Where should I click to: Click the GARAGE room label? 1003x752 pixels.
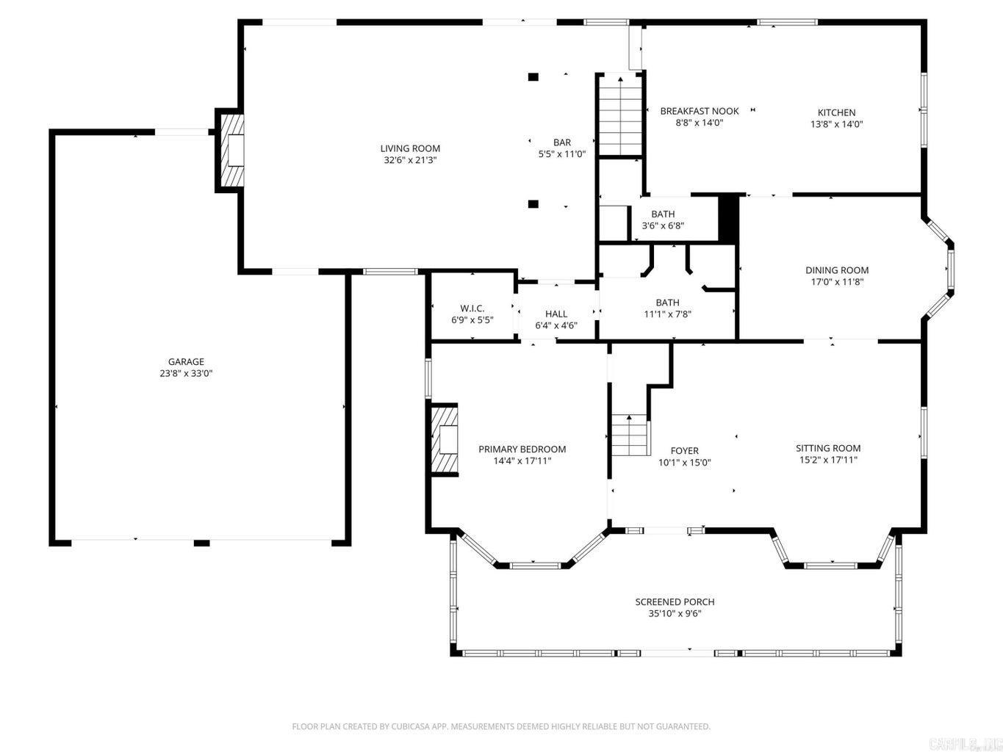coord(186,361)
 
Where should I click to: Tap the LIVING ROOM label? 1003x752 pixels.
coord(410,148)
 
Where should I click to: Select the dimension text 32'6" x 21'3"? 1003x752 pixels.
coord(410,160)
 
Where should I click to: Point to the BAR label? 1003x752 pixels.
coord(562,142)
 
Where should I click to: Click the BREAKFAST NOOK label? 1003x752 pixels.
coord(699,112)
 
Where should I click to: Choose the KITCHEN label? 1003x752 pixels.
coord(836,112)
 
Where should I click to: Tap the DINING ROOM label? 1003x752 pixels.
coord(836,270)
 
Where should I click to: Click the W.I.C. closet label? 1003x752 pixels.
coord(472,308)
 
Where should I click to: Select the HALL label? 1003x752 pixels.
coord(556,314)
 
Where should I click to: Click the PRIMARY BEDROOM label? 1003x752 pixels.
coord(522,449)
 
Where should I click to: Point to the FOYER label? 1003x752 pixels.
coord(684,451)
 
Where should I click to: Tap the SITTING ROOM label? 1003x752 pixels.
coord(828,448)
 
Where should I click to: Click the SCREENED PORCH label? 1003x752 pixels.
coord(675,602)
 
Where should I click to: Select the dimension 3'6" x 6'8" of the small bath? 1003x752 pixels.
coord(663,226)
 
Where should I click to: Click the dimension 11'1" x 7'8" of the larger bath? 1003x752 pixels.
coord(667,314)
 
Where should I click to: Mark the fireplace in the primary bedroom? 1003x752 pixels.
coord(445,439)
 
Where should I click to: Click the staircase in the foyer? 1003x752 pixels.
coord(630,435)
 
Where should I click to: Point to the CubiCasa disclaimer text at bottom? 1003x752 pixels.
coord(501,726)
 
